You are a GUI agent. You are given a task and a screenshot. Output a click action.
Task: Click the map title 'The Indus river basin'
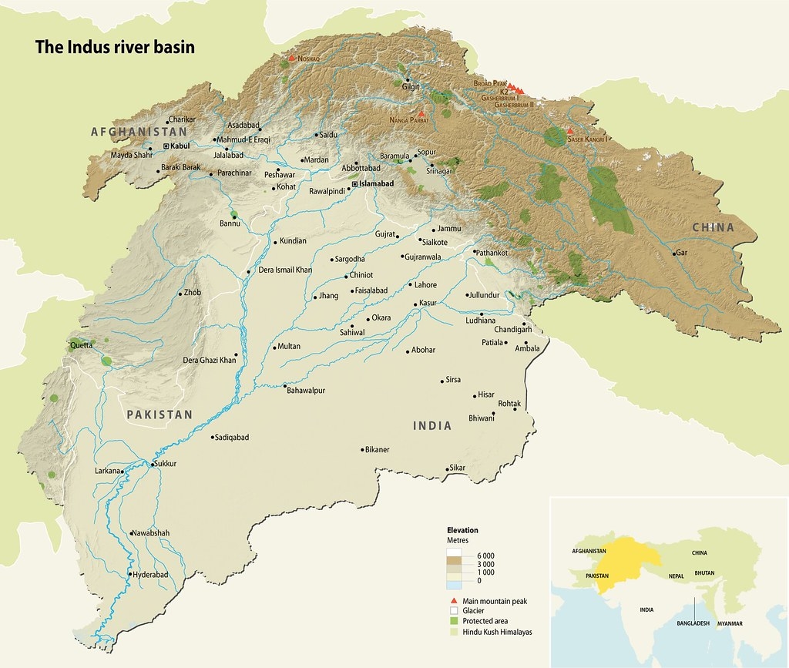[115, 47]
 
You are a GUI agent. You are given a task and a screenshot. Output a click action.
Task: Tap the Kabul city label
[180, 146]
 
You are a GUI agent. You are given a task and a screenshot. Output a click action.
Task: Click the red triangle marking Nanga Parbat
[421, 114]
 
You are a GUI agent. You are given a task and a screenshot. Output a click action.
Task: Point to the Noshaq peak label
[311, 59]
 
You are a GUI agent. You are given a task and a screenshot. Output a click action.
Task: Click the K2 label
[505, 92]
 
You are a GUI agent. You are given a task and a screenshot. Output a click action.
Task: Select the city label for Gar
[681, 253]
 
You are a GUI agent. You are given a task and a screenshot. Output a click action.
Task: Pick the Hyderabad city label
[150, 575]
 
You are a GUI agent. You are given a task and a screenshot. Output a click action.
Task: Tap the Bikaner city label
[378, 449]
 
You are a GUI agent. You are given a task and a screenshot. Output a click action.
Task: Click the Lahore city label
[425, 285]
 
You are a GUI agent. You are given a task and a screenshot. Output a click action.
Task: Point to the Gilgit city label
[411, 87]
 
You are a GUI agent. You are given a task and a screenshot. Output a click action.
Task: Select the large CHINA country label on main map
[713, 227]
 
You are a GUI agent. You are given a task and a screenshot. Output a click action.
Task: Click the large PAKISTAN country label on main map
[159, 415]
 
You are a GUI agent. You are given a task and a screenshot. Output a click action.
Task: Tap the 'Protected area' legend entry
[485, 621]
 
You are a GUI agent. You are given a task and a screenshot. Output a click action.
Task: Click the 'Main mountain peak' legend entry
[494, 601]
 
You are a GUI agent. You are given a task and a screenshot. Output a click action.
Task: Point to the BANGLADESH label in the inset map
[693, 622]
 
